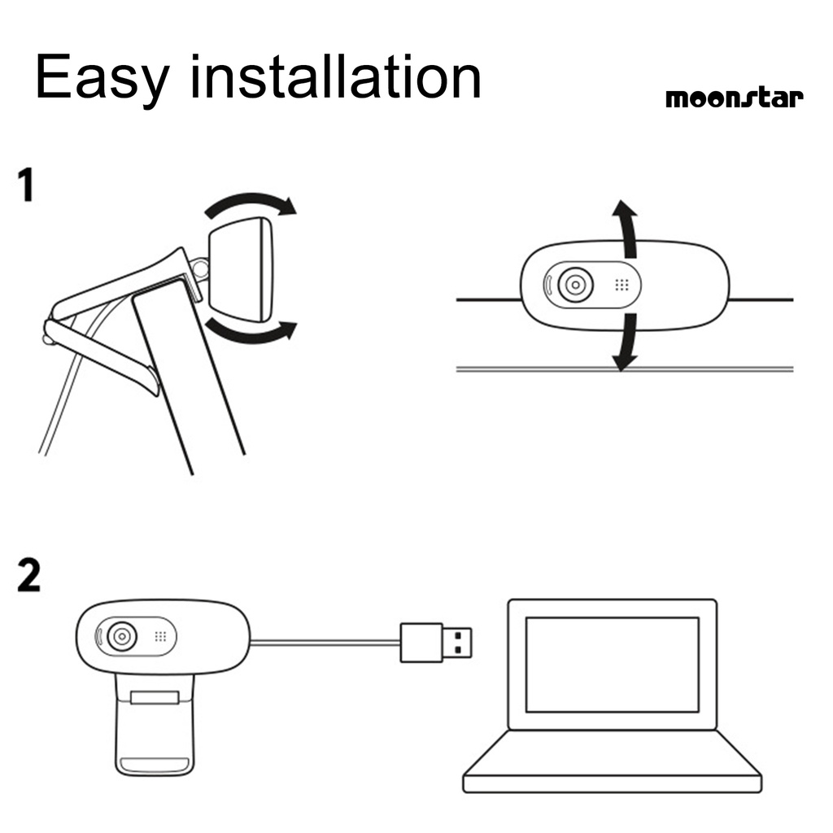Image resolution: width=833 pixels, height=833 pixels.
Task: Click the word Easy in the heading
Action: point(102,78)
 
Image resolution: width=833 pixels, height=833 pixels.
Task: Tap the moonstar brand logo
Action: point(734,98)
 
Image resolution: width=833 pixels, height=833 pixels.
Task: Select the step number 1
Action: point(27,185)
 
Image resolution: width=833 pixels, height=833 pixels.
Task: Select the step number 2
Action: point(28,576)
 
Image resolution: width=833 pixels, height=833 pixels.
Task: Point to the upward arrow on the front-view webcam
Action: point(626,224)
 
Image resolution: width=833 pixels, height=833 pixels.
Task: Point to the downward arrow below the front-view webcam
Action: point(625,342)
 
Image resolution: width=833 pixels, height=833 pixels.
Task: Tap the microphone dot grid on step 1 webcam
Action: point(622,286)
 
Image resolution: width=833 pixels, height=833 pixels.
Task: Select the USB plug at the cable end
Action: point(437,643)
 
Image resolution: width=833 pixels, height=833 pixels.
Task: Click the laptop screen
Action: point(612,664)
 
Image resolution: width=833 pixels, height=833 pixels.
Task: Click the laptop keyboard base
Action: point(612,761)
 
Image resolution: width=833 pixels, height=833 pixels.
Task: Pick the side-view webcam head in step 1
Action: point(242,268)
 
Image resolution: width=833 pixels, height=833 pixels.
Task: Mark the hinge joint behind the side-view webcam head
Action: point(199,266)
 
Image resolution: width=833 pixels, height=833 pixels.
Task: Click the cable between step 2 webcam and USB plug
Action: point(325,643)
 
